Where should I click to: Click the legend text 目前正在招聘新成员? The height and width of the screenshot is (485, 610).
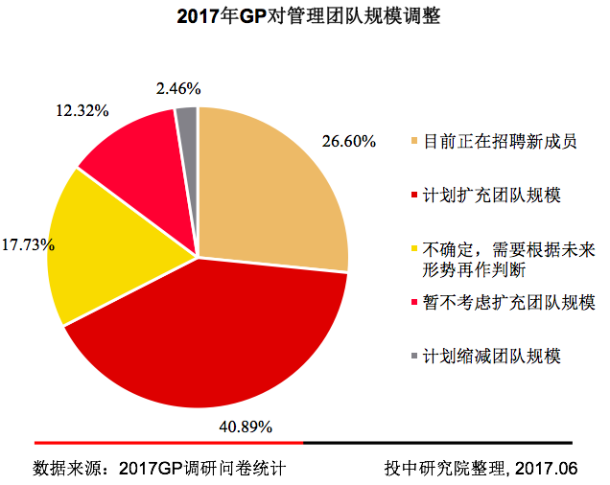[500, 142]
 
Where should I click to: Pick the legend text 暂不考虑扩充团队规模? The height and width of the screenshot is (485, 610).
[507, 303]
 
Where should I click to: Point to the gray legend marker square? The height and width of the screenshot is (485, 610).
[413, 357]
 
